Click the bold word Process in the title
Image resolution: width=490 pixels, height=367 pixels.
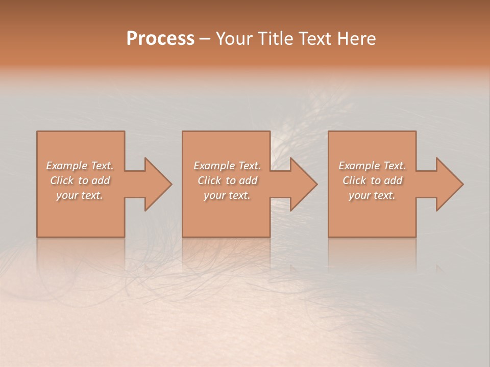(x=160, y=39)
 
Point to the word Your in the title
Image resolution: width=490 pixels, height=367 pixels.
(x=234, y=39)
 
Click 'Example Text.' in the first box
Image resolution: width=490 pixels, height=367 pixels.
(x=80, y=166)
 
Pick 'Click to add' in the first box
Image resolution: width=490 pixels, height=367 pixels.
(x=80, y=180)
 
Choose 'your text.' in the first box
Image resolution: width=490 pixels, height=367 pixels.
(x=80, y=195)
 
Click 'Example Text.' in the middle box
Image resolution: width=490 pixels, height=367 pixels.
(x=227, y=166)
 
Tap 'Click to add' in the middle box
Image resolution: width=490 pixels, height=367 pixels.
(x=227, y=180)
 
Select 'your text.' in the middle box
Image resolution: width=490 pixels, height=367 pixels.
(x=227, y=195)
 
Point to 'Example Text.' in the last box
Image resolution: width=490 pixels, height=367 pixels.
(x=372, y=166)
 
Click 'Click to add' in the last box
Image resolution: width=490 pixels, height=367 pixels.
(x=372, y=180)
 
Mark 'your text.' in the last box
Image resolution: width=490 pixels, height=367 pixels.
(x=372, y=195)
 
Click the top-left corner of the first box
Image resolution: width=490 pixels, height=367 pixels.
(x=37, y=132)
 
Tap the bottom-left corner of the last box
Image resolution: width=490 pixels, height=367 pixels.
(x=329, y=237)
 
